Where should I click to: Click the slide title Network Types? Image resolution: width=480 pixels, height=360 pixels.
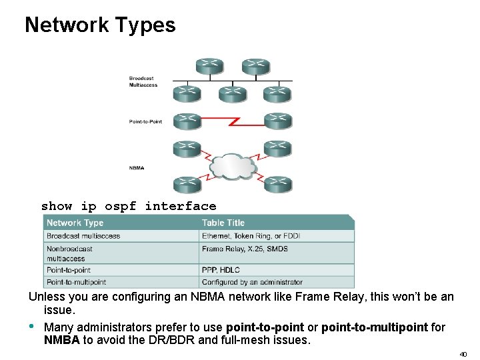point(100,25)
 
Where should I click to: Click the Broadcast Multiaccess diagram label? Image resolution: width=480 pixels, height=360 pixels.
point(141,82)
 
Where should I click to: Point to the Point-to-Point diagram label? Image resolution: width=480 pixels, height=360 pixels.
point(145,121)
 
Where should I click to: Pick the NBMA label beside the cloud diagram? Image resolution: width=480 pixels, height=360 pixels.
point(136,168)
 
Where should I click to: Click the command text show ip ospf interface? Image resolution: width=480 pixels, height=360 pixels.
point(129,206)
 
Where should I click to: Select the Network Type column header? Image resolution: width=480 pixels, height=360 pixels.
point(75,223)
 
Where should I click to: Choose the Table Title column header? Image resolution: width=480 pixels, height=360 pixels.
point(223,223)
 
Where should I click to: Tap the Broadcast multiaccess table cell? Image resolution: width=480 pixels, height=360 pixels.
point(83,235)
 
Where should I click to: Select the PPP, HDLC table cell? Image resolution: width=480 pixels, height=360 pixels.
point(221,270)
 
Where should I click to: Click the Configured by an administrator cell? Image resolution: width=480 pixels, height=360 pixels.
point(252,282)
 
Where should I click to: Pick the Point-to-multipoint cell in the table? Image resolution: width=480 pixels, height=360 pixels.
point(76,282)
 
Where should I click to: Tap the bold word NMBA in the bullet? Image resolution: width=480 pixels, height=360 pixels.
point(61,340)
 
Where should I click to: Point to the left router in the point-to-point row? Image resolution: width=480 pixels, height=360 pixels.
point(186,121)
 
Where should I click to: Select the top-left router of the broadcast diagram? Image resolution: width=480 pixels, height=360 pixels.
point(209,66)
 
